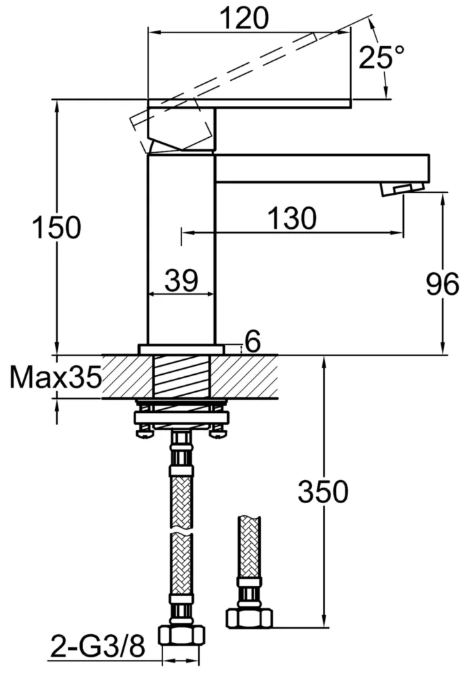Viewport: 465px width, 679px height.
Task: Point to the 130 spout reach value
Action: [x=291, y=218]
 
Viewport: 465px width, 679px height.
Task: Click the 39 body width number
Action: [x=181, y=280]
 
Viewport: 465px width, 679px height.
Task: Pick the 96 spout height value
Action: [x=443, y=285]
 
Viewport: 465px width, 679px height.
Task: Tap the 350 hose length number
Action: [x=323, y=492]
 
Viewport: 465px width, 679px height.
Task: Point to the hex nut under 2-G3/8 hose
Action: [x=180, y=636]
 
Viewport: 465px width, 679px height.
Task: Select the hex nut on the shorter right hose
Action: [x=248, y=617]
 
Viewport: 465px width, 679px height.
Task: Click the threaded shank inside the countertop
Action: [x=182, y=377]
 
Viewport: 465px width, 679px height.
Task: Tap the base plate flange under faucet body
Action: [x=182, y=349]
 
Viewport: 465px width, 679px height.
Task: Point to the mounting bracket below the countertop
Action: [x=182, y=415]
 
